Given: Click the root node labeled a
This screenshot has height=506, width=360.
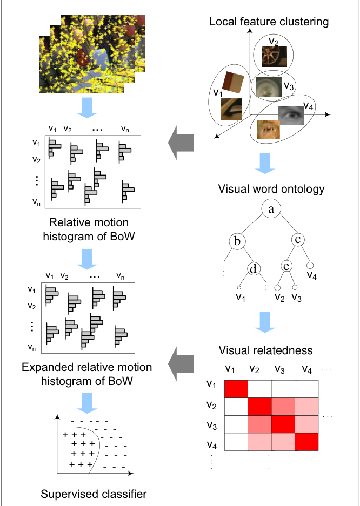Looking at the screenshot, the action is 271,209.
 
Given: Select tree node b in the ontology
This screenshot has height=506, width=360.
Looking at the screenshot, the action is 237,241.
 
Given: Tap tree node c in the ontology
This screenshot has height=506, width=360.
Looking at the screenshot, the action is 298,239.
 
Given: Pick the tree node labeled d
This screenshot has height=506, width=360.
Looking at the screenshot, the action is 253,269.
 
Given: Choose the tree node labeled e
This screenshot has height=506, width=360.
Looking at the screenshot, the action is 286,266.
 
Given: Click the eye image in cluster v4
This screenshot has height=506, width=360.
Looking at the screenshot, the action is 291,116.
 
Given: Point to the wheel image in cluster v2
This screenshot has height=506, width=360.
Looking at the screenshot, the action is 274,57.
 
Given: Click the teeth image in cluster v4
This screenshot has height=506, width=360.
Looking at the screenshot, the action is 268,130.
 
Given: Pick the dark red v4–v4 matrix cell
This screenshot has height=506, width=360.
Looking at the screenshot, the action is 306,442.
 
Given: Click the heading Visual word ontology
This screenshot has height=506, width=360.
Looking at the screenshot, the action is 271,189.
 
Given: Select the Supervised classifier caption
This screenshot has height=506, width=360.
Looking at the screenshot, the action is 94,494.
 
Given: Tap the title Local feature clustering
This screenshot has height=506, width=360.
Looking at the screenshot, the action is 269,22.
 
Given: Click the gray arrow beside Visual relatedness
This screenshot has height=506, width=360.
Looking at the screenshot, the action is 181,363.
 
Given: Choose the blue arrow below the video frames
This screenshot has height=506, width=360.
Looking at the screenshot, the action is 87,107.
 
